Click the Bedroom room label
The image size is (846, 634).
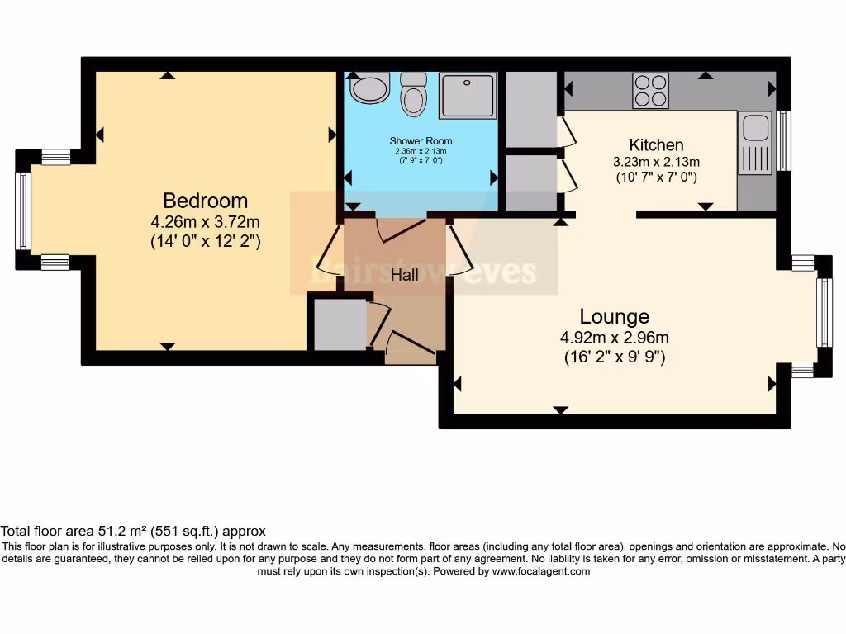point(205,201)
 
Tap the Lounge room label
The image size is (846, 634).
point(614,316)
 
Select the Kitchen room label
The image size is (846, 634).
point(656,144)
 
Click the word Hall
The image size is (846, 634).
point(405,276)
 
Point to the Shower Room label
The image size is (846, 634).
point(421,141)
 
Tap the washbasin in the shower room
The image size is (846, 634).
point(369,88)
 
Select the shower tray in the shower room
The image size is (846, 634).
point(468,95)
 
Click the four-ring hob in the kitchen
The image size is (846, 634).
point(650,91)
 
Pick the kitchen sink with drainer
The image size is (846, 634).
point(755,144)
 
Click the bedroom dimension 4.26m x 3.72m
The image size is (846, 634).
point(205,221)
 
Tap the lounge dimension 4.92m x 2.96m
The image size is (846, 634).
point(614,337)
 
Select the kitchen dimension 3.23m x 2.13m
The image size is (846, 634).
point(657,161)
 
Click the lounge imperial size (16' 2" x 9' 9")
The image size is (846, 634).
point(614,357)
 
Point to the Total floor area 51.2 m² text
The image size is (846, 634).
point(133,531)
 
